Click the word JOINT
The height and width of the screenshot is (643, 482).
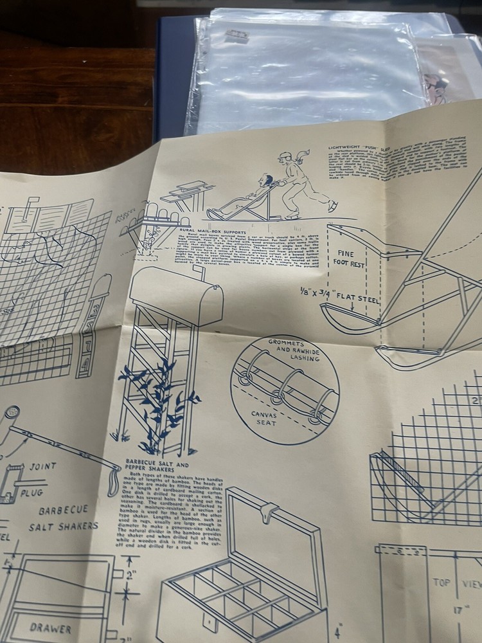42,466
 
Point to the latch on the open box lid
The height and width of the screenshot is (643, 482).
269,511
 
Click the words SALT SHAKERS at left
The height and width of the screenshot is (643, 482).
62,526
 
